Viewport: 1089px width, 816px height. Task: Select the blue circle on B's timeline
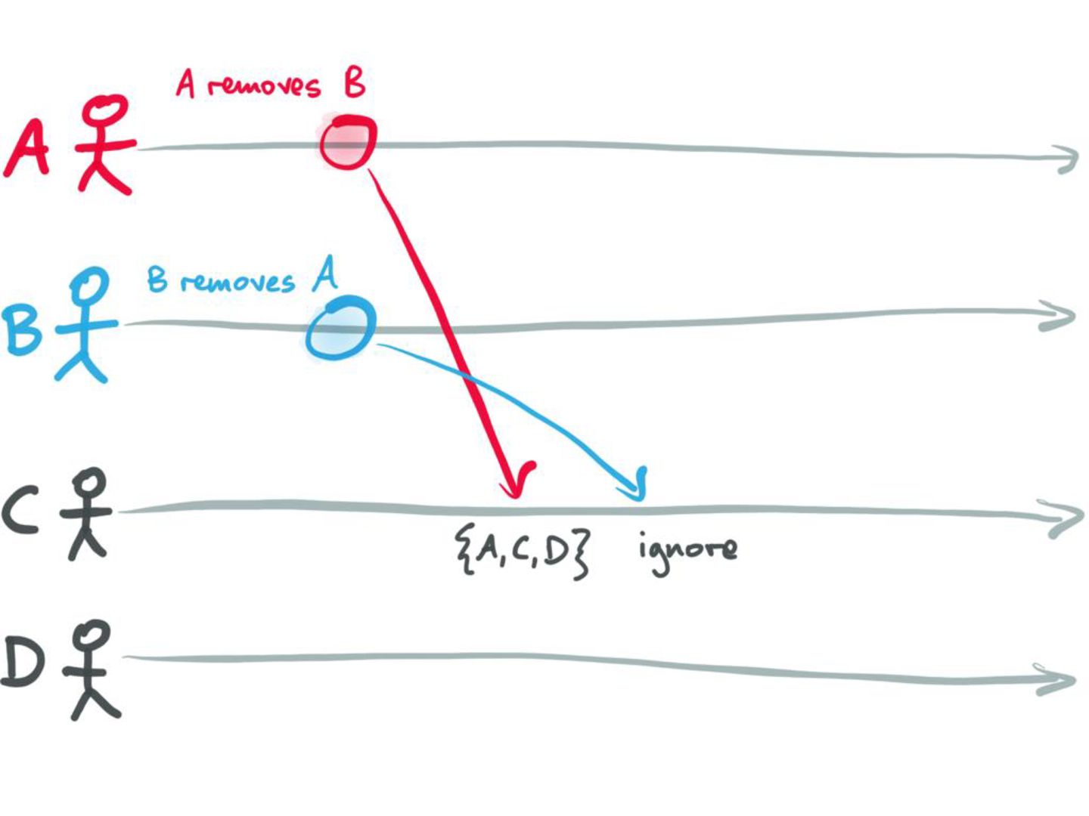click(x=341, y=327)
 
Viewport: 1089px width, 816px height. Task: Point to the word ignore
click(x=687, y=549)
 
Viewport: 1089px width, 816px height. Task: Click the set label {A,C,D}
click(x=522, y=553)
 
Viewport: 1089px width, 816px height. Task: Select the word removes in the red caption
click(x=263, y=85)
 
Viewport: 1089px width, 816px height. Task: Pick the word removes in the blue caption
click(x=237, y=283)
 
